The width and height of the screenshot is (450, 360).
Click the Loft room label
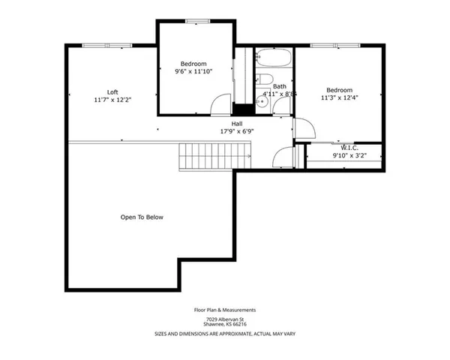112,91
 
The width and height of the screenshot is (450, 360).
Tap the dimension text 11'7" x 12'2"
112,100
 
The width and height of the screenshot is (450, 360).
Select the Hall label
236,123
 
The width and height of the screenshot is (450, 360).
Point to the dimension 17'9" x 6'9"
236,131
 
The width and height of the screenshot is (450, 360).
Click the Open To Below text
142,217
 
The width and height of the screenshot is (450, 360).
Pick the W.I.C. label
349,148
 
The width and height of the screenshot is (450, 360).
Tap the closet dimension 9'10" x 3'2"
349,156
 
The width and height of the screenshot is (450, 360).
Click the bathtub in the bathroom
273,59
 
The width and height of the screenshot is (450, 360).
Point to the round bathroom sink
262,101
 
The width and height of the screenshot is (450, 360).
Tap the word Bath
280,86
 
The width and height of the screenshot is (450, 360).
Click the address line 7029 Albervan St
225,318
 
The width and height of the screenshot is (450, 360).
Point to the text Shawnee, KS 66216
225,324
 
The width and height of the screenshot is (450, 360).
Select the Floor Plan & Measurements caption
225,309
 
